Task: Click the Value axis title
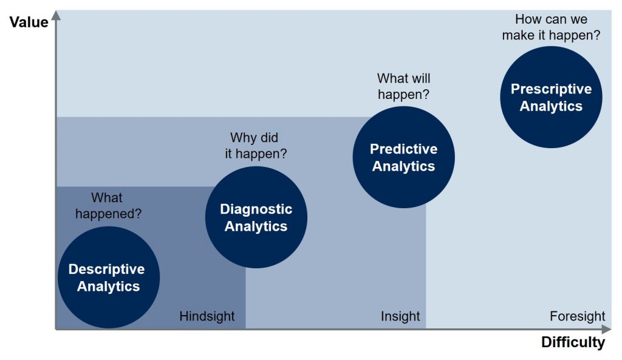coord(29,22)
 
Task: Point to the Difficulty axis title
coord(573,342)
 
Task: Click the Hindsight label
coord(207,316)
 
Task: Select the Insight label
coord(400,316)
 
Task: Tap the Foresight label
coord(577,316)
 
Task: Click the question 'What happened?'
coord(107,206)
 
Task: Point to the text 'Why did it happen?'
coord(255,146)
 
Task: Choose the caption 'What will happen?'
coord(403,86)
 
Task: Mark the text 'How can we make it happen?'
coord(551,27)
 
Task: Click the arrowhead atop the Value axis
coord(56,15)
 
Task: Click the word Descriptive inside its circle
coord(106,269)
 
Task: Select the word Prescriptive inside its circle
coord(551,89)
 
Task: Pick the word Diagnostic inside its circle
coord(256,209)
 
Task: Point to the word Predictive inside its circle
coord(403,149)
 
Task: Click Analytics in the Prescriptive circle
coord(551,106)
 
